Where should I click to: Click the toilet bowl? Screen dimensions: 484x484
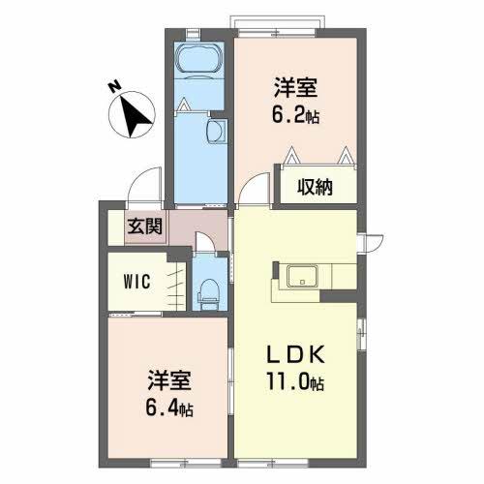pyautogui.click(x=208, y=289)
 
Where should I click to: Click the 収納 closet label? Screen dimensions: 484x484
pyautogui.click(x=315, y=188)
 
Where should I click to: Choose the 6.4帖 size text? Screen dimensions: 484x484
pyautogui.click(x=170, y=408)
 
